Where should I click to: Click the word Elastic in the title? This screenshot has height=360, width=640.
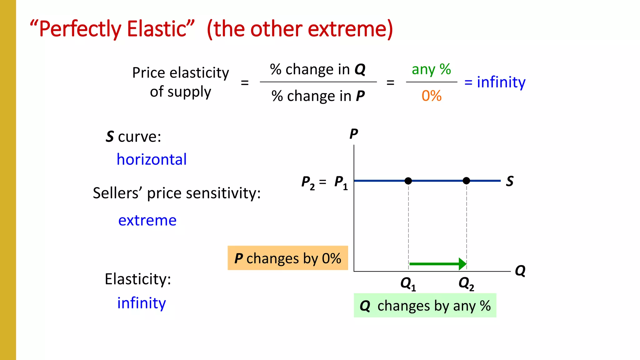pyautogui.click(x=157, y=29)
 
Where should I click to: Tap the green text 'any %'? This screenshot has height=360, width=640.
pyautogui.click(x=431, y=69)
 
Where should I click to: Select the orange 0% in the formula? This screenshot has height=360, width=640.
pyautogui.click(x=431, y=96)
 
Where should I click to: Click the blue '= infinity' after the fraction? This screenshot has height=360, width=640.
pyautogui.click(x=495, y=82)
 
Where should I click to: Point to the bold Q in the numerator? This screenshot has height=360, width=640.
pyautogui.click(x=360, y=69)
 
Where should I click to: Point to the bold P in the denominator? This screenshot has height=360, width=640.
pyautogui.click(x=360, y=96)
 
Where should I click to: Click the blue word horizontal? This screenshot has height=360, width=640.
pyautogui.click(x=152, y=159)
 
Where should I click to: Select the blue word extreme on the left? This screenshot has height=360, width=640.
pyautogui.click(x=147, y=220)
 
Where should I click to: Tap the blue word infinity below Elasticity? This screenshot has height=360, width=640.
pyautogui.click(x=142, y=303)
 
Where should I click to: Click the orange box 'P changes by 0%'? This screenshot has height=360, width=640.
pyautogui.click(x=287, y=258)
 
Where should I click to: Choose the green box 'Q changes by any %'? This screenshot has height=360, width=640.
pyautogui.click(x=425, y=306)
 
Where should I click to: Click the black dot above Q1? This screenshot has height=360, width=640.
pyautogui.click(x=408, y=181)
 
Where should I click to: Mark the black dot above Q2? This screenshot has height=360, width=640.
pyautogui.click(x=466, y=181)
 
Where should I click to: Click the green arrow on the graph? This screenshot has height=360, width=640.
pyautogui.click(x=437, y=264)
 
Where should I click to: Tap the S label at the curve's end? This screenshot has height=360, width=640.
pyautogui.click(x=510, y=181)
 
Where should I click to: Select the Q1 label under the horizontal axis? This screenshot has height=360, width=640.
pyautogui.click(x=408, y=284)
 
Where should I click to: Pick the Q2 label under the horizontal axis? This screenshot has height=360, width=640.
pyautogui.click(x=466, y=284)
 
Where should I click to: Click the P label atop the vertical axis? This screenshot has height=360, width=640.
pyautogui.click(x=353, y=134)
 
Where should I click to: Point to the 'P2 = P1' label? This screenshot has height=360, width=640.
pyautogui.click(x=324, y=182)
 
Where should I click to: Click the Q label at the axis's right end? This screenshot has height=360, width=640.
pyautogui.click(x=520, y=271)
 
